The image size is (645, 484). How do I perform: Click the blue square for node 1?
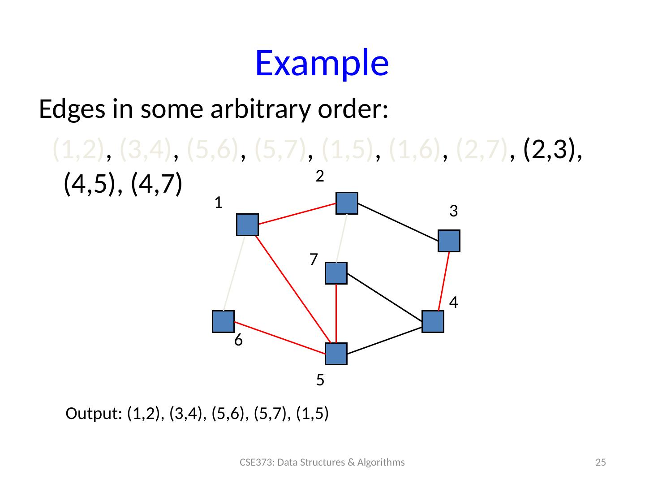[247, 225]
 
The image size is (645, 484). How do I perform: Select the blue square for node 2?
[347, 203]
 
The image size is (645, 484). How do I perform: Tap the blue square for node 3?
[449, 241]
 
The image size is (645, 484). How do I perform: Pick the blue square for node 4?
[433, 322]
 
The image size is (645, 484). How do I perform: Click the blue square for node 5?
[336, 354]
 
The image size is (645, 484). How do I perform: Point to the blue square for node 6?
[223, 322]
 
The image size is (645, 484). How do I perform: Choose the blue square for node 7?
[336, 273]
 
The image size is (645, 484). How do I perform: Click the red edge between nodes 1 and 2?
[297, 213]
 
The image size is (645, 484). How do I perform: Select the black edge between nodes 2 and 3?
[398, 222]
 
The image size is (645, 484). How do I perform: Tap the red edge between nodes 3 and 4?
[444, 281]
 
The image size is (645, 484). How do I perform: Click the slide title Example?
[322, 63]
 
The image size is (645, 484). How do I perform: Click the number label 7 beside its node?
[314, 259]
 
